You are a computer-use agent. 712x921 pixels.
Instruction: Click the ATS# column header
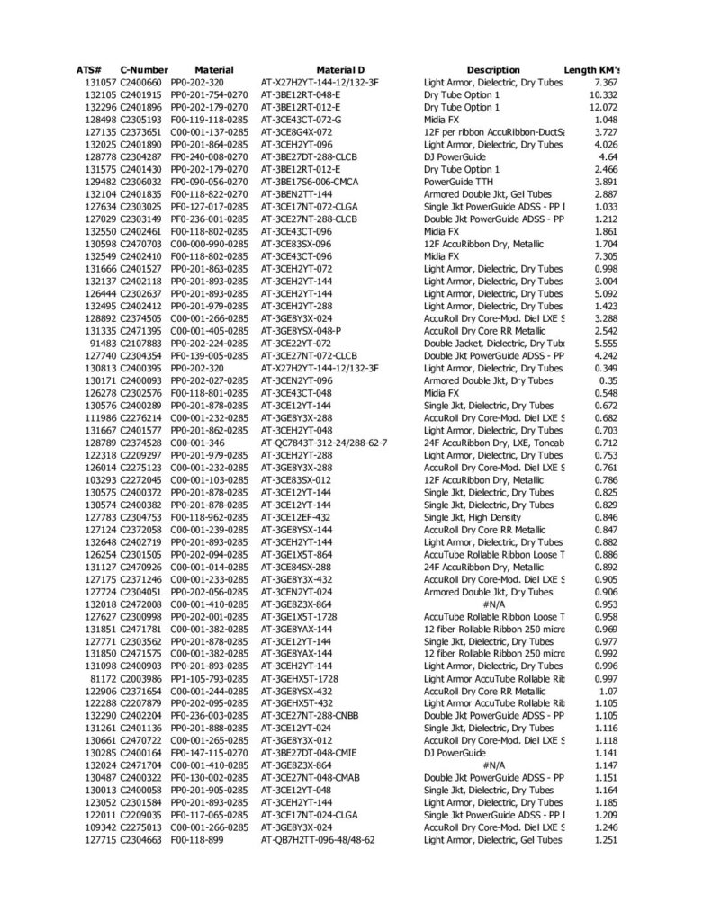pos(89,70)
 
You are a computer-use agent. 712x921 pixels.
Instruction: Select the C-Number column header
pos(144,70)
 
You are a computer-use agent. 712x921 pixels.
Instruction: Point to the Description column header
pos(493,70)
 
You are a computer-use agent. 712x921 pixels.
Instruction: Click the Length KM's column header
pos(593,70)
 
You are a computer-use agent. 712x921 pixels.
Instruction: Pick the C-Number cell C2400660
pos(141,83)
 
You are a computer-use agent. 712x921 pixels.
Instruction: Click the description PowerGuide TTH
pos(461,182)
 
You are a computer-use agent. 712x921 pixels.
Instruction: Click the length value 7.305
pos(606,256)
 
